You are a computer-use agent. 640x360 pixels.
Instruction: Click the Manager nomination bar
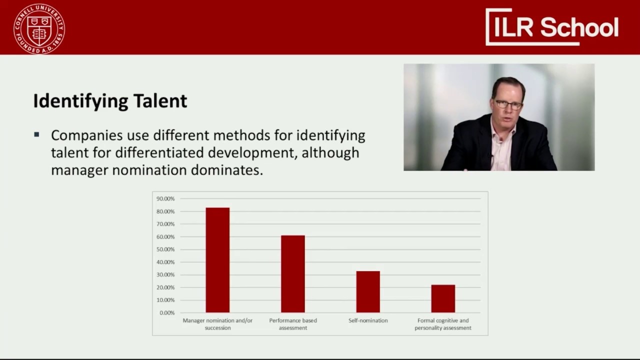217,260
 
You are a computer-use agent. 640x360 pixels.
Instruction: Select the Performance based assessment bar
292,274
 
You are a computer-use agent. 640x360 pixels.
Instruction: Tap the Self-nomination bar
368,291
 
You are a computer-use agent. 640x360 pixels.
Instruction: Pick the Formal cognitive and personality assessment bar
443,298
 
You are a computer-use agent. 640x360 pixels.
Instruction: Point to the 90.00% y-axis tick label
165,198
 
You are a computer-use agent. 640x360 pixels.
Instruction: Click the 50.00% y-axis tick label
165,249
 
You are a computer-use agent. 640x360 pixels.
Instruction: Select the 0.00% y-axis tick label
167,313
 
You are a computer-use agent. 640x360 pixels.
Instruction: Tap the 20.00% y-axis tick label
165,287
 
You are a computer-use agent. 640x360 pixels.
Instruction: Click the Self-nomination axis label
368,320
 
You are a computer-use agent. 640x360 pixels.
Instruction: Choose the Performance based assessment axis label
293,324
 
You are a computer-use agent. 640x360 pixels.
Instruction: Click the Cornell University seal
39,28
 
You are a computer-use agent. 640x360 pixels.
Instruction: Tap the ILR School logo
552,27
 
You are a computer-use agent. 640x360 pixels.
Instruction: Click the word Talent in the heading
160,100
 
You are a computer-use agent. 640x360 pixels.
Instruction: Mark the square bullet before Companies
36,134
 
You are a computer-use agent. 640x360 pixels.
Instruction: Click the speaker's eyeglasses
508,104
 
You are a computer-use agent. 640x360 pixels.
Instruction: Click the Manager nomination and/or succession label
217,324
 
